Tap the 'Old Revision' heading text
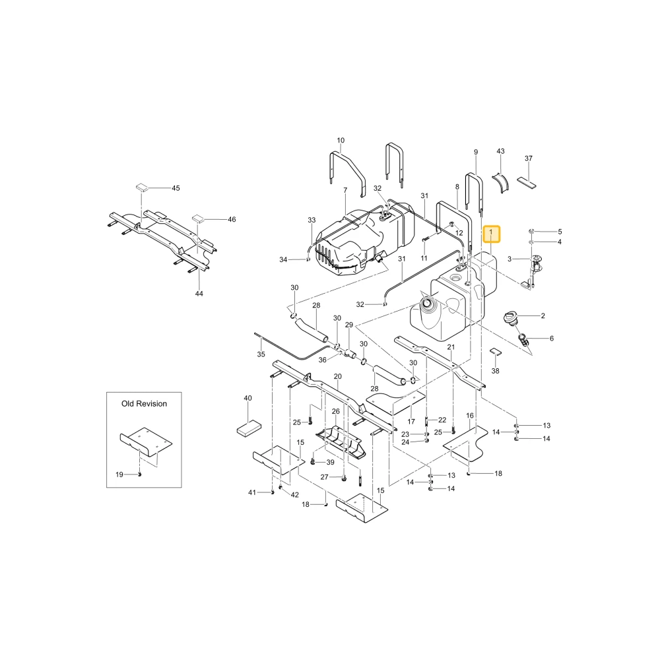[x=144, y=404]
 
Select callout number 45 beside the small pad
[x=176, y=188]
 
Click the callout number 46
[x=232, y=219]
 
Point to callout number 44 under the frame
[x=199, y=294]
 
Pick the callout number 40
[x=248, y=398]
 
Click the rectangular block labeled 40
[x=249, y=428]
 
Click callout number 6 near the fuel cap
[x=551, y=339]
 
